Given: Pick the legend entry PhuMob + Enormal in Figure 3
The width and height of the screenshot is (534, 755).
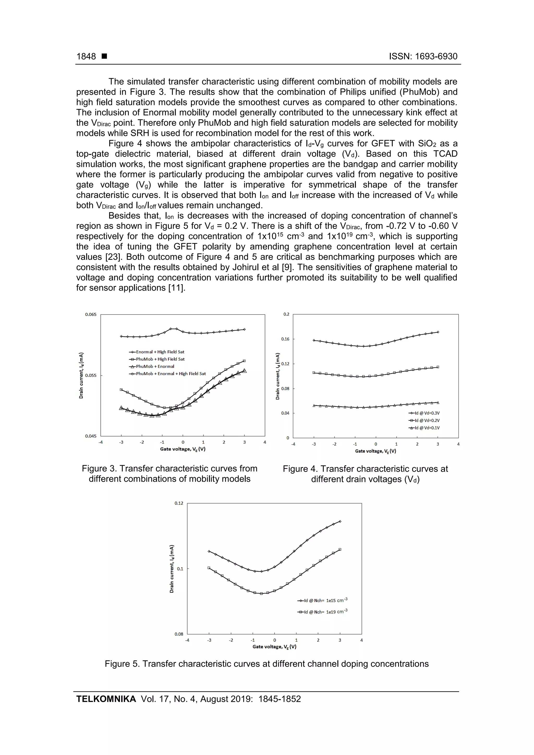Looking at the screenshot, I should click(x=155, y=366).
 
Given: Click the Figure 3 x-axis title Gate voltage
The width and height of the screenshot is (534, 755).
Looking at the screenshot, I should click(x=183, y=449).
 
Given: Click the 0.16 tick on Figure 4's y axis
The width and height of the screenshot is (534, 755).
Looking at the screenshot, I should click(x=285, y=339).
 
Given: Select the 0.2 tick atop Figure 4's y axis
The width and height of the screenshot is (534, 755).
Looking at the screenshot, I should click(x=286, y=314).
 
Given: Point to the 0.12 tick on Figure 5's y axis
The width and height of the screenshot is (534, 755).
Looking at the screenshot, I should click(x=179, y=503).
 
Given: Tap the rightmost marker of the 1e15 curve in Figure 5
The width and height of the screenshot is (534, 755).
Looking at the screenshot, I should click(x=340, y=521).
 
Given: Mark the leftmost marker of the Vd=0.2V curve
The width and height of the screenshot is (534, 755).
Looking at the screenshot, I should click(x=314, y=373).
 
